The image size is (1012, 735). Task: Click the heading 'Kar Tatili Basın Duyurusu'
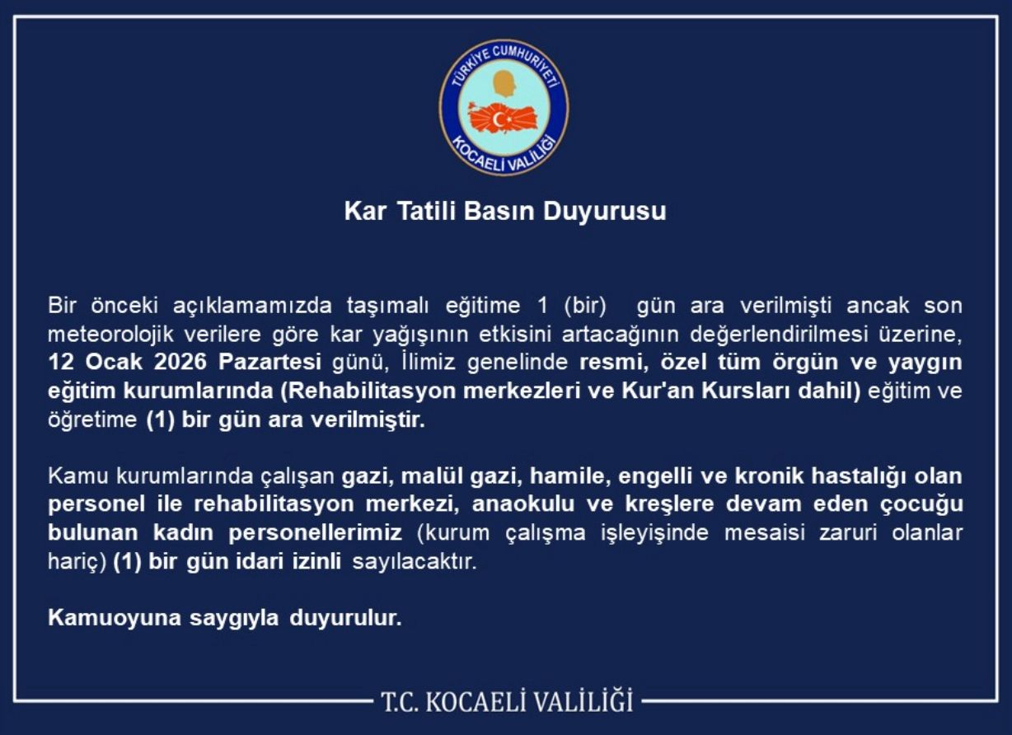505,212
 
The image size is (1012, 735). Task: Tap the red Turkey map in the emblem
503,119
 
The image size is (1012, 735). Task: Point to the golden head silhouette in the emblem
504,83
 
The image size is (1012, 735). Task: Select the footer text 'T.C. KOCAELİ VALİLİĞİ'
507,701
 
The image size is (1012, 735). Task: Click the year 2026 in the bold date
180,362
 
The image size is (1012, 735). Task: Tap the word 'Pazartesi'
269,362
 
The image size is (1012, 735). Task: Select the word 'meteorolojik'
110,335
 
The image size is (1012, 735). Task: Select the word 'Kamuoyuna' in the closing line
115,618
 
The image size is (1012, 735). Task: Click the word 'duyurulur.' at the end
345,618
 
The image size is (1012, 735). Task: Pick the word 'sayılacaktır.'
415,562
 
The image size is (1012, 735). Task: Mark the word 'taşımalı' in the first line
387,307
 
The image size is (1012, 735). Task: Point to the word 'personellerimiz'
315,533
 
